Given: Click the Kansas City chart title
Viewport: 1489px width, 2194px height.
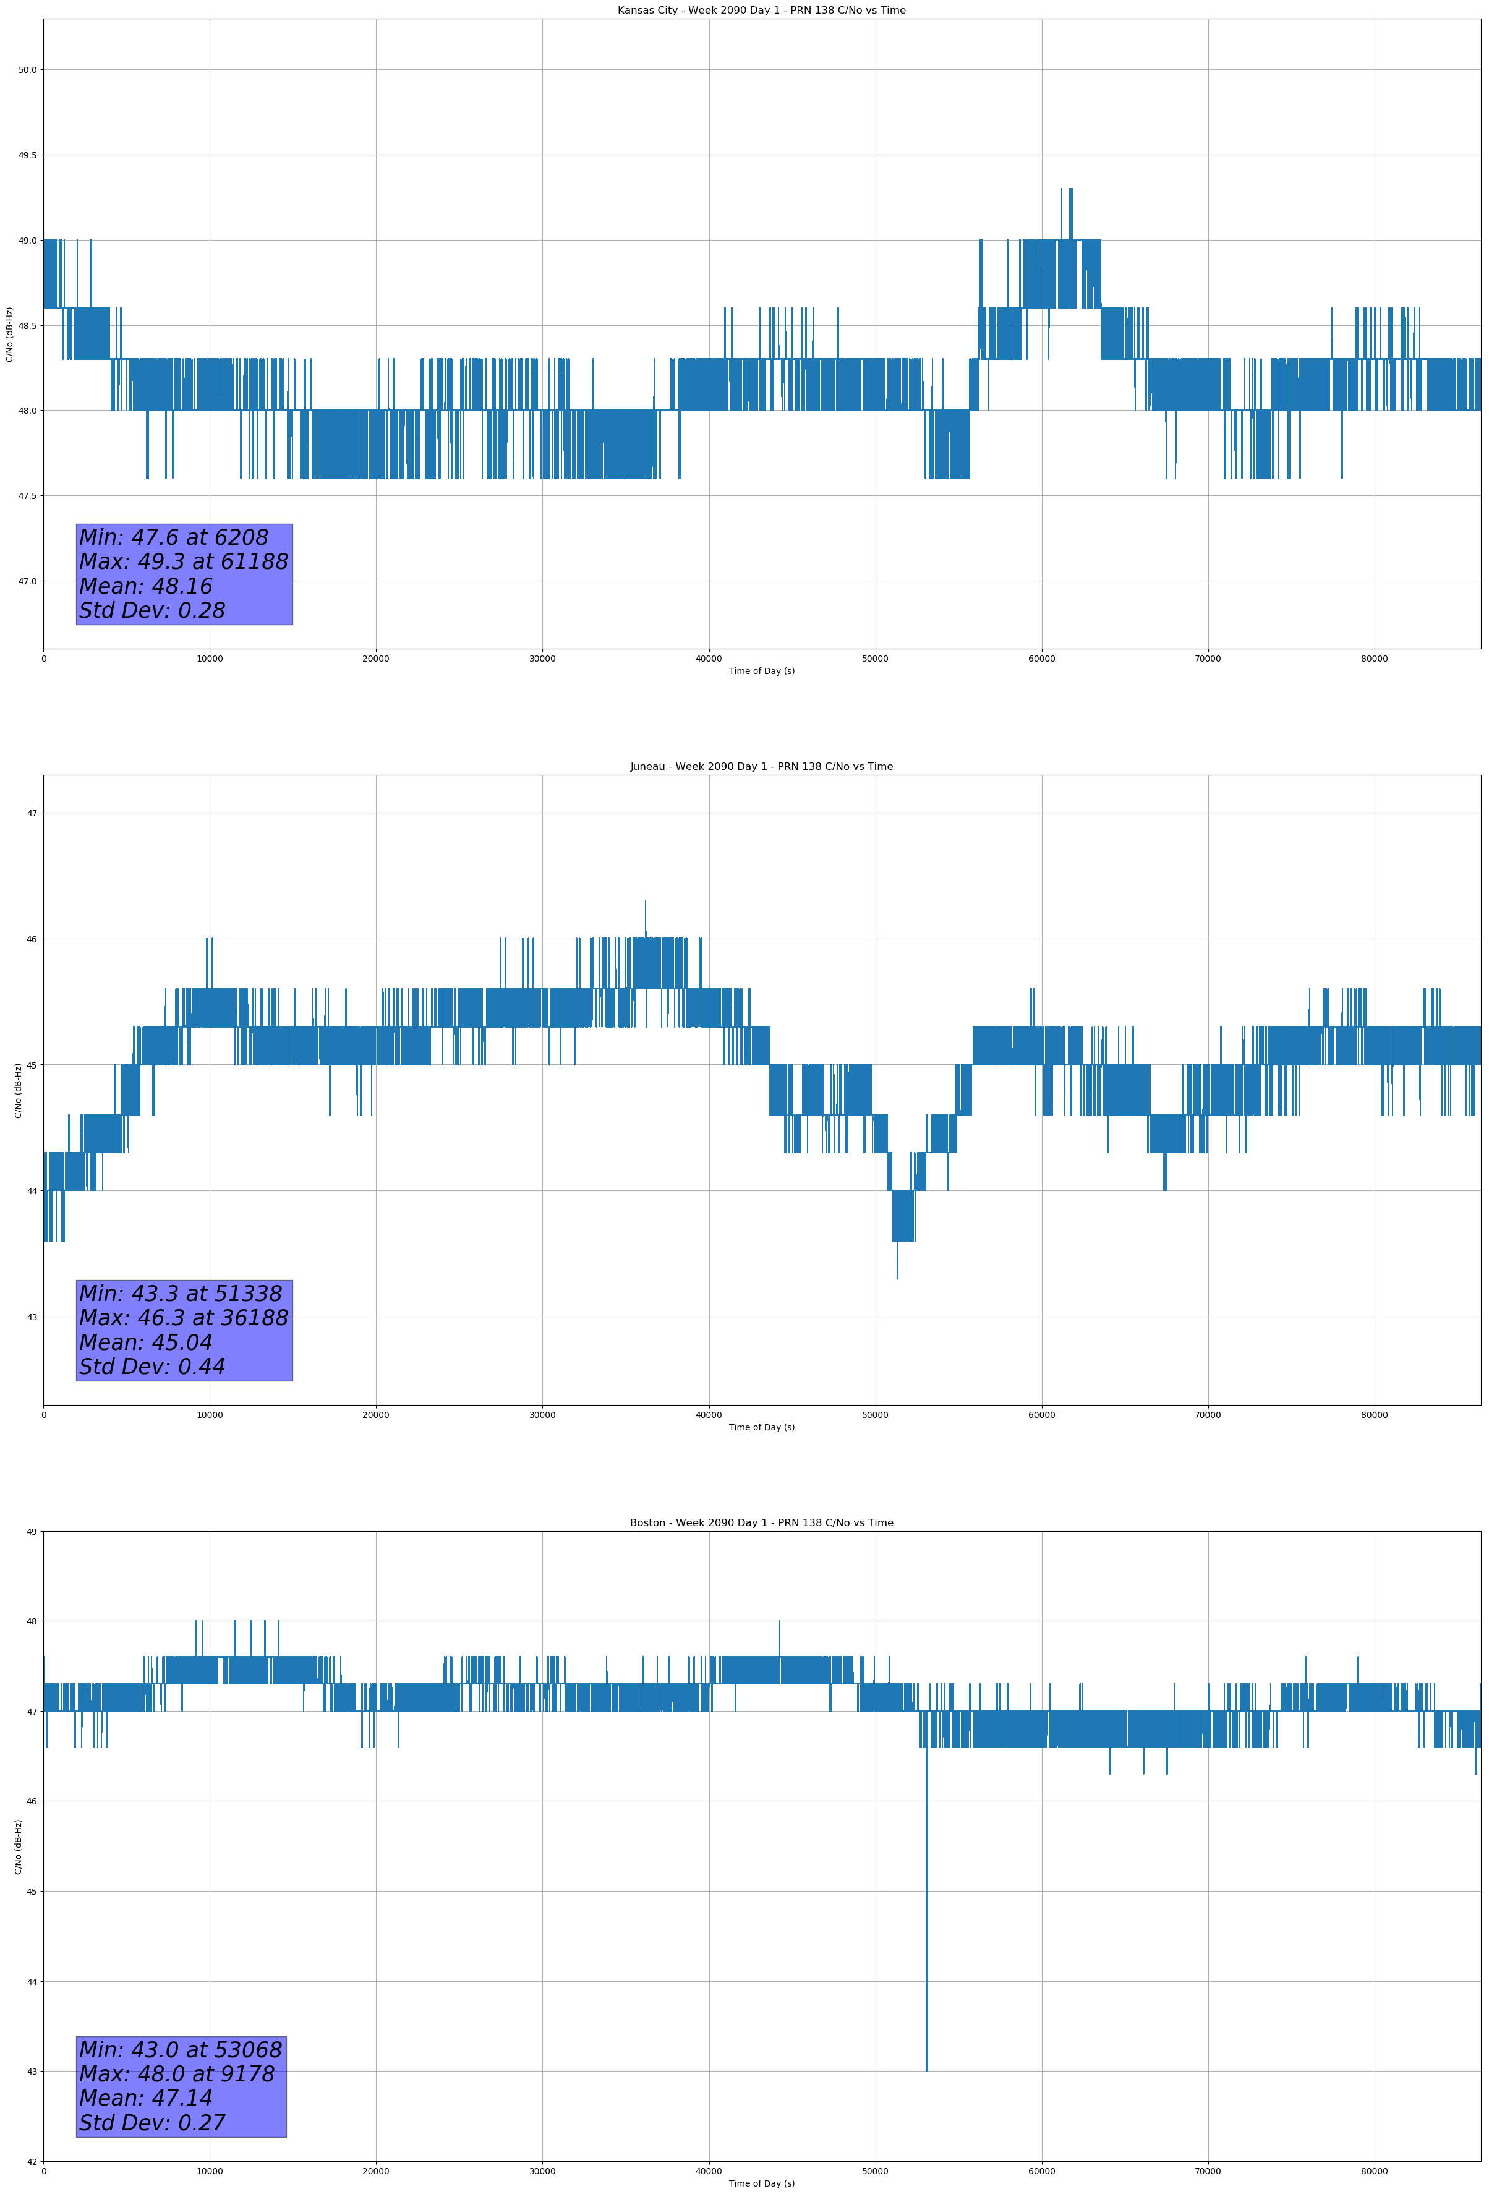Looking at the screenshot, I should tap(761, 11).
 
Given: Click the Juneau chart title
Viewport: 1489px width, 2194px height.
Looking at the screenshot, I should tap(761, 767).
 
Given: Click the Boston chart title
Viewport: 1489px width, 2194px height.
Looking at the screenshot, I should tap(761, 1523).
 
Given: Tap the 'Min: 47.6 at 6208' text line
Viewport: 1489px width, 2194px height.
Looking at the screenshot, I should tap(174, 537).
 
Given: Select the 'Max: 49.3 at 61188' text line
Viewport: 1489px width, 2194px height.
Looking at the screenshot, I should tap(183, 561).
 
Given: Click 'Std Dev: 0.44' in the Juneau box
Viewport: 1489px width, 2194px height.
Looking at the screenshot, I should tap(152, 1367).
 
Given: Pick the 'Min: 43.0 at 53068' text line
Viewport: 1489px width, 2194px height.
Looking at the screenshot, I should tap(181, 2049).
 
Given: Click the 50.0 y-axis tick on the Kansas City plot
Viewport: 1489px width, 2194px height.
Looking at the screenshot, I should tap(27, 70).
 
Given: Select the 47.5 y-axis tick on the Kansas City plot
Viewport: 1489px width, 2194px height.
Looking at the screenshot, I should tap(27, 497).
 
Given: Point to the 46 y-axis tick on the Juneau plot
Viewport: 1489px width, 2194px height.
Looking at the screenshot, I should tap(31, 939).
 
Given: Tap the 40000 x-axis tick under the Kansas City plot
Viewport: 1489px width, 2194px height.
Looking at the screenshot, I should tap(708, 659).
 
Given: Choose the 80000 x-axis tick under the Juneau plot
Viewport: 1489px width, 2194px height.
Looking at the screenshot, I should tap(1374, 1415).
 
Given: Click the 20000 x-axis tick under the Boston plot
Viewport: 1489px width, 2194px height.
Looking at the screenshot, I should tap(376, 2171).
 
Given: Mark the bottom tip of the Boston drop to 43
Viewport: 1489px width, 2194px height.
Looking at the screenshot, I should tap(926, 2070).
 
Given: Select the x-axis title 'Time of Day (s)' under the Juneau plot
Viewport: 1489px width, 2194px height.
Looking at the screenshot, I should tap(761, 1427).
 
